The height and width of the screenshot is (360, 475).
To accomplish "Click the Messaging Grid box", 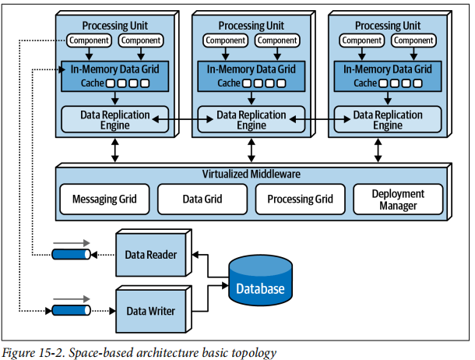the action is pos(104,199).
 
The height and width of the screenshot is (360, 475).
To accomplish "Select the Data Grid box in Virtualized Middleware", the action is pos(202,199).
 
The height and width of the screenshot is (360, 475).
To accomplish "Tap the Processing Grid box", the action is pos(301,199).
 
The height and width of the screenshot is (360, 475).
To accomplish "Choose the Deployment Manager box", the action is pos(398,199).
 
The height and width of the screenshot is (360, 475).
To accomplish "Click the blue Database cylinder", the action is pos(261,281).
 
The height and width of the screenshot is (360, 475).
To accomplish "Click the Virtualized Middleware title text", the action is pos(252,175).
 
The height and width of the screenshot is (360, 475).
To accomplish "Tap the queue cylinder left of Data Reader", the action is pos(71,254).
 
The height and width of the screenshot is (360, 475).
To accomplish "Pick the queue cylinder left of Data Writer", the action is pos(71,310).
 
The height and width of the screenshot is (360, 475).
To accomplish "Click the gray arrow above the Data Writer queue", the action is pos(72,299).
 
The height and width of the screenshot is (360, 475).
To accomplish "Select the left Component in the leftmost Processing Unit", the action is pos(89,41).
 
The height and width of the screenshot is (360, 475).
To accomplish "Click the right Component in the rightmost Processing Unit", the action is pos(413,41).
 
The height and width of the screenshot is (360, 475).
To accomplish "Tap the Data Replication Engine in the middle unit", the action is pos(252,119).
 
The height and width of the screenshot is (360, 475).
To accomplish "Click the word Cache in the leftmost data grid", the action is pos(93,83).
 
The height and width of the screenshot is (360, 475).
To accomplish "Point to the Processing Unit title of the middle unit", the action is pos(252,26).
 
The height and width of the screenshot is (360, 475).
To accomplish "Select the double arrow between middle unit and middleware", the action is pos(252,150).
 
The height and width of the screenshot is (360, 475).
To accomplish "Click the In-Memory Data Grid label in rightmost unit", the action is pos(388,69).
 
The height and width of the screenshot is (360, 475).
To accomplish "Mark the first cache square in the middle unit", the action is pos(248,83).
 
